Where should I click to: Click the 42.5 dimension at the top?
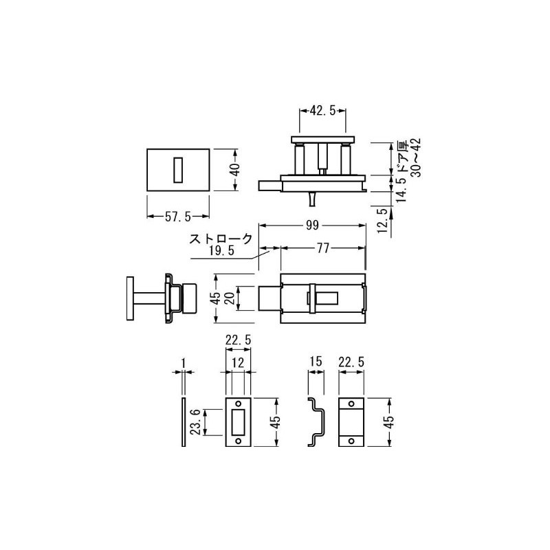[322, 109]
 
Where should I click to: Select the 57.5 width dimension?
[177, 217]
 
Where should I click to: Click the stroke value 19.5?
[221, 252]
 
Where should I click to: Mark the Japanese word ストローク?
[221, 240]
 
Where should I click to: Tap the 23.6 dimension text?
[196, 421]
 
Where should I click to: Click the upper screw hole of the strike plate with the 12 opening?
[239, 403]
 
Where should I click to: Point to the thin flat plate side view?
[183, 421]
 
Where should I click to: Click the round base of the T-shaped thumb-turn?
[129, 298]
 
